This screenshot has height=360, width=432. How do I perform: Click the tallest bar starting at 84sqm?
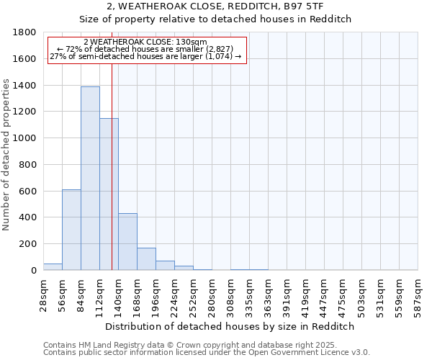90,179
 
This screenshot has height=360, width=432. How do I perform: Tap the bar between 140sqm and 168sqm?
127,241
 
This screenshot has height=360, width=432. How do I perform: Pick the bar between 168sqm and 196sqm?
146,258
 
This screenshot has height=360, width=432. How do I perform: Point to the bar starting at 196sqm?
165,265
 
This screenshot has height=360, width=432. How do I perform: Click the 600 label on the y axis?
28,192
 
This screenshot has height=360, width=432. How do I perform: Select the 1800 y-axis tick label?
25,32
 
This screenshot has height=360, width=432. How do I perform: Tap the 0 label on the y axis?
34,271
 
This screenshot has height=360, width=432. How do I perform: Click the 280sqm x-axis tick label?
212,294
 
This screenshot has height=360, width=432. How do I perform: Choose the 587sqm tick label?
418,294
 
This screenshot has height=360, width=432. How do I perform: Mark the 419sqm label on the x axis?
305,294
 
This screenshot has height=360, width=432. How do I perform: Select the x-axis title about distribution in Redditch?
230,326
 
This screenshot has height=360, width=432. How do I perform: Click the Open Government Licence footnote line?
207,352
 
